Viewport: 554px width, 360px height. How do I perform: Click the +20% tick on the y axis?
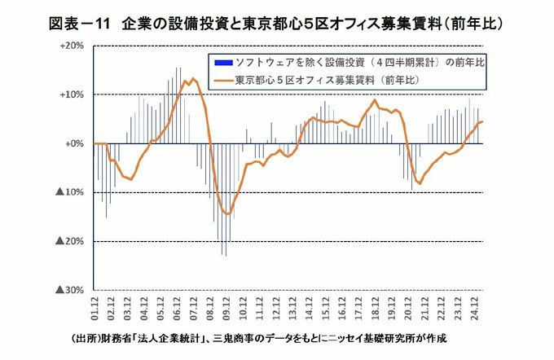[x=73, y=46]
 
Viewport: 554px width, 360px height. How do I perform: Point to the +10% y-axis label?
[x=73, y=94]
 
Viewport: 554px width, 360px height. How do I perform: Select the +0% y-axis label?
[x=75, y=143]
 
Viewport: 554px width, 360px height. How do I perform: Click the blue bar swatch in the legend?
[x=220, y=63]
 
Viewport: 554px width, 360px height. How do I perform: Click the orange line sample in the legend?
[x=220, y=80]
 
